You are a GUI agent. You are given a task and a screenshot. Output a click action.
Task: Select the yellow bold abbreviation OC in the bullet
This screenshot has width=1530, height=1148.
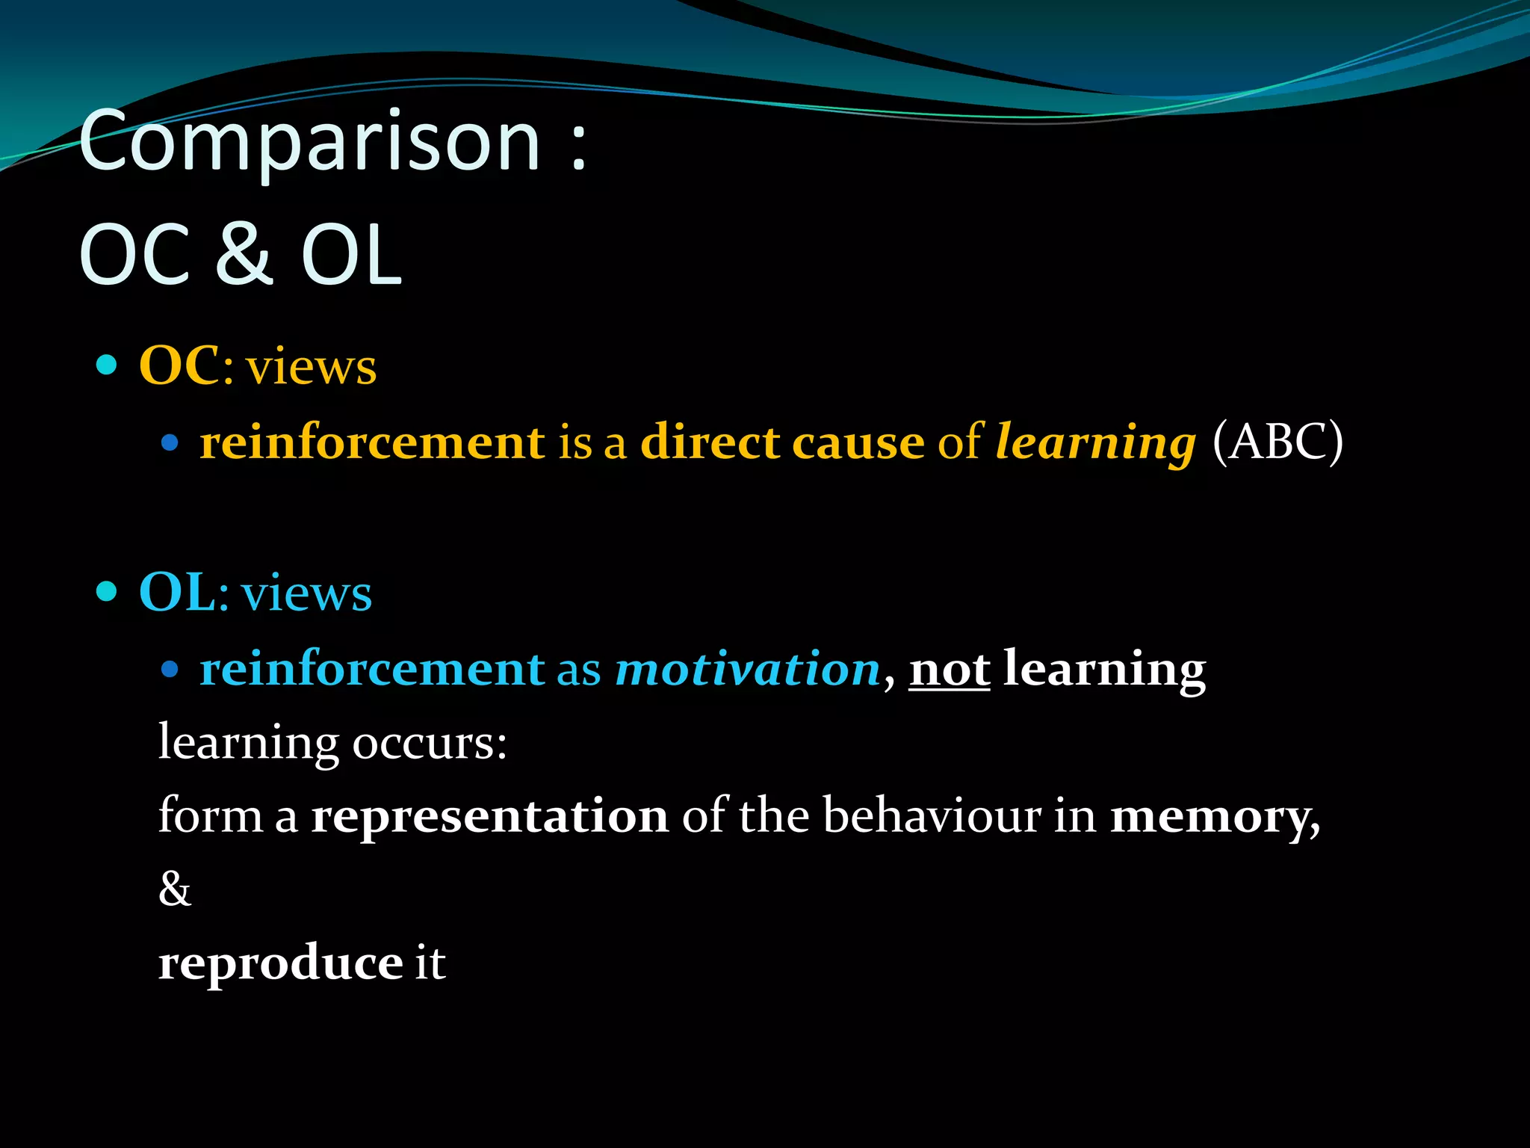179,366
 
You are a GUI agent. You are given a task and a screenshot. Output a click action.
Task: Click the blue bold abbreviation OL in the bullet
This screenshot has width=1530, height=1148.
178,592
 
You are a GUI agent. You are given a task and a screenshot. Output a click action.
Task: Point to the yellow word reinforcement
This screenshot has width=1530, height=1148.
372,442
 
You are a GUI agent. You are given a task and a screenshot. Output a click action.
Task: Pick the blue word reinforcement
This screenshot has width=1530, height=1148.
372,669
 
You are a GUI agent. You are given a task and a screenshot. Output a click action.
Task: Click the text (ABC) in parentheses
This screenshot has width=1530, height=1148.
1277,442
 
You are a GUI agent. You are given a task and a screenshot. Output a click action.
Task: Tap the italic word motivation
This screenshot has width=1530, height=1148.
747,669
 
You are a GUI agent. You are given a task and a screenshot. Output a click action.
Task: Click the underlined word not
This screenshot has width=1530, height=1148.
949,670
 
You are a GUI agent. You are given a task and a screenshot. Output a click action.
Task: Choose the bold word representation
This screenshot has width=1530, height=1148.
489,815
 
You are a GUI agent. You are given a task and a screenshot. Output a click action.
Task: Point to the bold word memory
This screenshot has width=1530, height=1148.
1215,817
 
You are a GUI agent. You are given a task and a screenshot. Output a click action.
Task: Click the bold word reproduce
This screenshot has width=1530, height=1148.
281,963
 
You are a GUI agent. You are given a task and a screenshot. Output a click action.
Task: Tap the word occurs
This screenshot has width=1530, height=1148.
430,743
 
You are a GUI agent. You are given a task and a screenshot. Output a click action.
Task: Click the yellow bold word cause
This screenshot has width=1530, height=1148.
858,442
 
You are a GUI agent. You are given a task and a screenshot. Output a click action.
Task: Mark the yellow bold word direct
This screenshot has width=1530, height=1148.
710,442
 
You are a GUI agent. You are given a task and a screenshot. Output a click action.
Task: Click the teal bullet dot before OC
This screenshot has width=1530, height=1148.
108,365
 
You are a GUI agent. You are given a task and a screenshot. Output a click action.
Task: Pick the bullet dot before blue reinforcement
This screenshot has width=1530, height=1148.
170,669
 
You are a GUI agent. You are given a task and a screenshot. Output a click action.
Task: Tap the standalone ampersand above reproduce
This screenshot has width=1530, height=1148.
175,889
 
